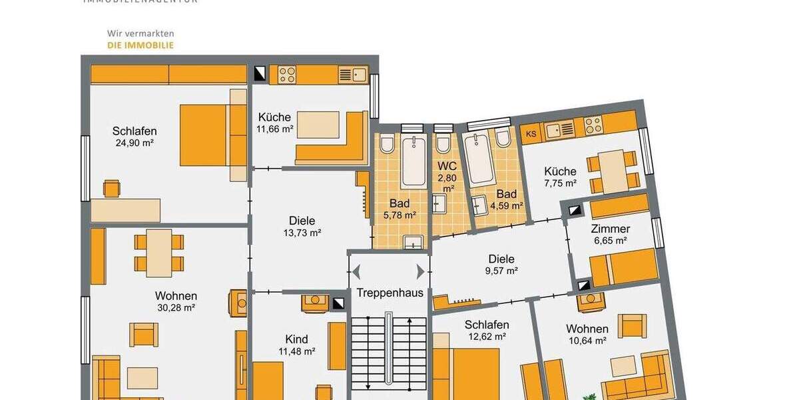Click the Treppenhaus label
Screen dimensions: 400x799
[x=390, y=293]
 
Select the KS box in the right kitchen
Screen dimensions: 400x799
[x=531, y=133]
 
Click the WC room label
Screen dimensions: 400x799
[x=446, y=165]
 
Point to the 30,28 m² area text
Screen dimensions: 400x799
[x=176, y=308]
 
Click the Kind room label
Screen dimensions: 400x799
[x=296, y=339]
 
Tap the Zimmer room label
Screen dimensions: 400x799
[x=610, y=229]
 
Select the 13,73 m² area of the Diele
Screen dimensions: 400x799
[x=302, y=233]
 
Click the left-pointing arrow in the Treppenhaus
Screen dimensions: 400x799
[x=357, y=271]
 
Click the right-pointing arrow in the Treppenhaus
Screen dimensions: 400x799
[x=420, y=271]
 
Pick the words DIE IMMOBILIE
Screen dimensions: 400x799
[x=140, y=45]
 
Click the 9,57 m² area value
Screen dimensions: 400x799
[x=501, y=271]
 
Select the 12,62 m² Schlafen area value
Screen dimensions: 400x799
[x=487, y=337]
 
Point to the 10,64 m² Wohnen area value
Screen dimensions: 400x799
[x=587, y=341]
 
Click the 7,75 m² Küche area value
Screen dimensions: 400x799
[x=559, y=183]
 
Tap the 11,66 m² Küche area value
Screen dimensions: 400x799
[x=275, y=129]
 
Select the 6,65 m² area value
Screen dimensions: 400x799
[x=610, y=241]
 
